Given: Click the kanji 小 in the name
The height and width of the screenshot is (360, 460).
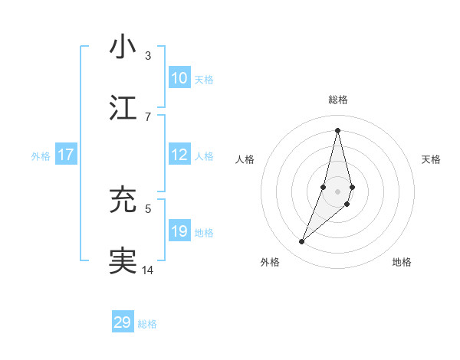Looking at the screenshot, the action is [123, 47].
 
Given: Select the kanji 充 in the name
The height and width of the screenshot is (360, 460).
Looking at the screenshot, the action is [123, 200].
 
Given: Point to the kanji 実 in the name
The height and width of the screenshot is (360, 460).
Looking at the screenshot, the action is [123, 260].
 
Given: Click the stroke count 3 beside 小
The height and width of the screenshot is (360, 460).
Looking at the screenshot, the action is [148, 56].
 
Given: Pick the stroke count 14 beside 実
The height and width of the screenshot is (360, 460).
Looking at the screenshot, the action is [148, 270].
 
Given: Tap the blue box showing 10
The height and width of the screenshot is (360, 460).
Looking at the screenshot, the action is [179, 78].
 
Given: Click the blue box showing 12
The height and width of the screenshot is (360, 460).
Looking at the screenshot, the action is [179, 155].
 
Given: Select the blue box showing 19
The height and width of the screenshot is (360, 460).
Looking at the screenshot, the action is [179, 231].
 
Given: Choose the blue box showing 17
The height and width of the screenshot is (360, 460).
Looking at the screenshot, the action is [66, 155].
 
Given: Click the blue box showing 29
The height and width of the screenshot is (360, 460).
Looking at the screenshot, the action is [123, 322].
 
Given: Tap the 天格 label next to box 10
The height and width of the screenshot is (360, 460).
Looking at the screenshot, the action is [204, 80].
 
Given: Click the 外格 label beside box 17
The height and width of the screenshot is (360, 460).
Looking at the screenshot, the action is [41, 156].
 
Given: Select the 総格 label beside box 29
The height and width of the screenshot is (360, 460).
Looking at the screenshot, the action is [148, 324].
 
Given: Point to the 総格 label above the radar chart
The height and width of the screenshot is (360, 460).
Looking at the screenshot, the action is [338, 100].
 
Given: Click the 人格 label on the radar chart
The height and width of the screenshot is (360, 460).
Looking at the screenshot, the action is [245, 159].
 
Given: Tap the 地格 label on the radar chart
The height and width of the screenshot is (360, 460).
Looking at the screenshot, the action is [402, 262].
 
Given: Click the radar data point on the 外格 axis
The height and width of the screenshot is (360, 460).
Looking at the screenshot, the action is [302, 242].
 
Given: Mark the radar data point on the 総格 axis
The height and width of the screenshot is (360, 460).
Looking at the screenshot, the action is [338, 130].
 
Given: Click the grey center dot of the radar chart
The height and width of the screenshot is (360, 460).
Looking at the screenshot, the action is [338, 191].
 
